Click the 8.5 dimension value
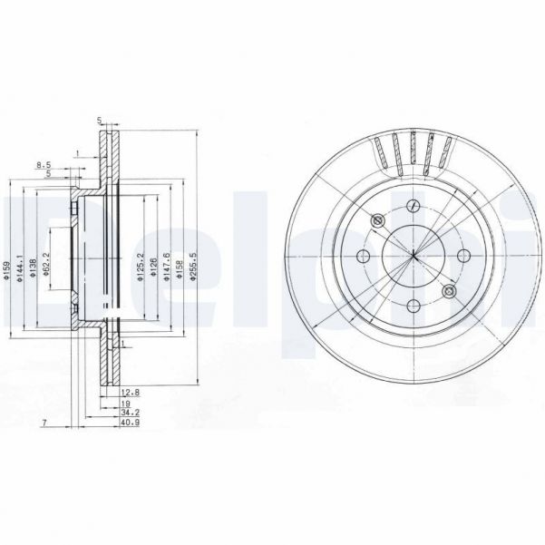42,164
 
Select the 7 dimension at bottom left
43,423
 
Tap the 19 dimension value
128,402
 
